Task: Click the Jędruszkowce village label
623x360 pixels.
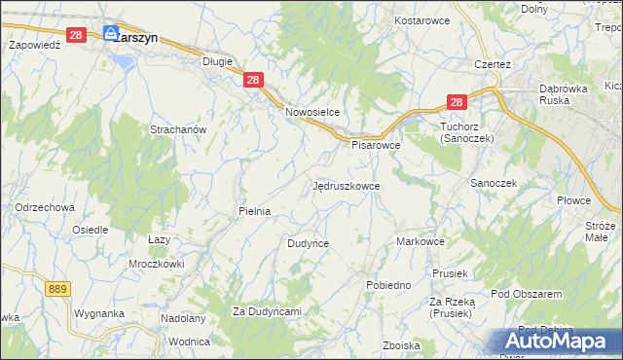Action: (x=347, y=185)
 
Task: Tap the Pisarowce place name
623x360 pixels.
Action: (x=376, y=145)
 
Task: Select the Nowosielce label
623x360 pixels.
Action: (x=311, y=112)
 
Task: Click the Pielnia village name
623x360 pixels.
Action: (x=254, y=210)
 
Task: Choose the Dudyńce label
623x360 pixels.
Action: (x=308, y=243)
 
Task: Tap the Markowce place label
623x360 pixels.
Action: (x=421, y=241)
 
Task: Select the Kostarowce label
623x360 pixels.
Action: (x=420, y=19)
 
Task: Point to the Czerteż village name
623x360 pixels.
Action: (x=493, y=64)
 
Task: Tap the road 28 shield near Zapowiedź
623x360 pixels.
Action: (x=78, y=34)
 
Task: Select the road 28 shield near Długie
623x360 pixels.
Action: (x=252, y=82)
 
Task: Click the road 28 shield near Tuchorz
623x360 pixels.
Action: (x=458, y=102)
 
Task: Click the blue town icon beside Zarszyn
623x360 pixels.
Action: (x=111, y=32)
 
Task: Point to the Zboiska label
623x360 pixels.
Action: (x=401, y=345)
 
